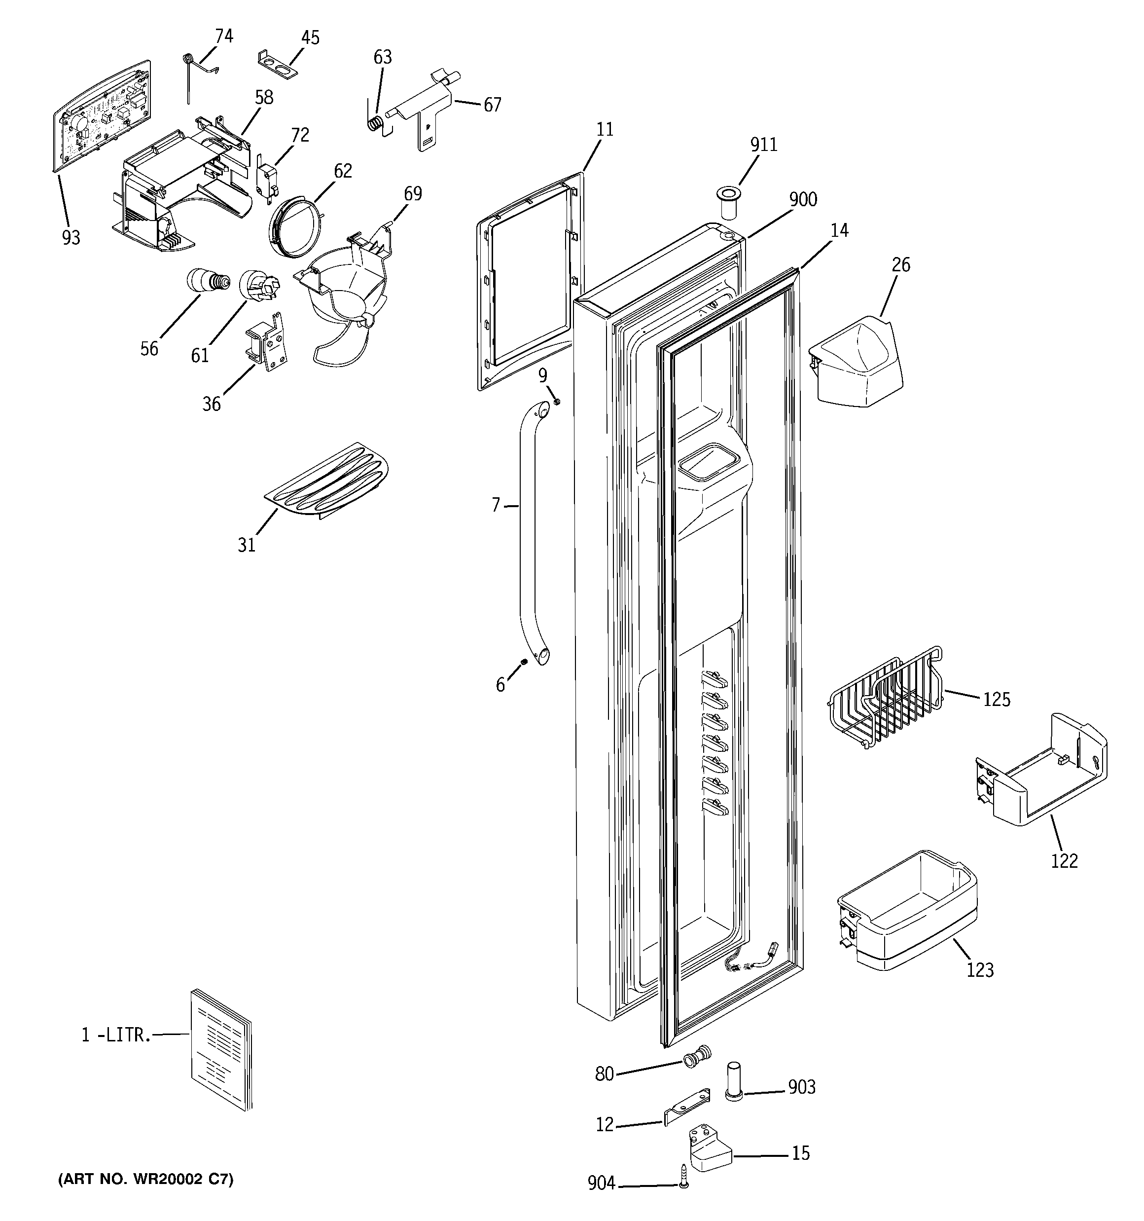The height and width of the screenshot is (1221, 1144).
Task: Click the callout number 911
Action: [763, 145]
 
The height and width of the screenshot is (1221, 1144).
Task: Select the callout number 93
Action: [71, 238]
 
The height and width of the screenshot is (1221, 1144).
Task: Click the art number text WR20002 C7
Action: [145, 1179]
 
